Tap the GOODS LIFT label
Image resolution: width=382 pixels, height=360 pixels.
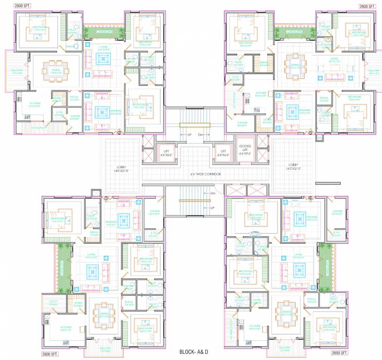(245, 149)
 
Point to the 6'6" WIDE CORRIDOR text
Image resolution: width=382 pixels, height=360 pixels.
(206, 173)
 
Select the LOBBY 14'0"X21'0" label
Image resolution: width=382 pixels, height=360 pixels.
(121, 169)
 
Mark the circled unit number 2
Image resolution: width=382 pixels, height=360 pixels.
(119, 133)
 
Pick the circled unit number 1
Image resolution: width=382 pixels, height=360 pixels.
(106, 198)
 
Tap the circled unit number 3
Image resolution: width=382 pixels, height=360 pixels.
(310, 133)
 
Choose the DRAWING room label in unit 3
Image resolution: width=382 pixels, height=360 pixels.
(305, 112)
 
